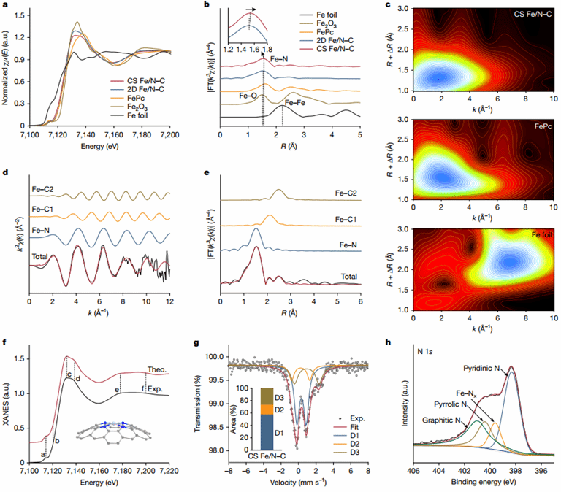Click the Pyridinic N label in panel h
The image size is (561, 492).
(x=486, y=369)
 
